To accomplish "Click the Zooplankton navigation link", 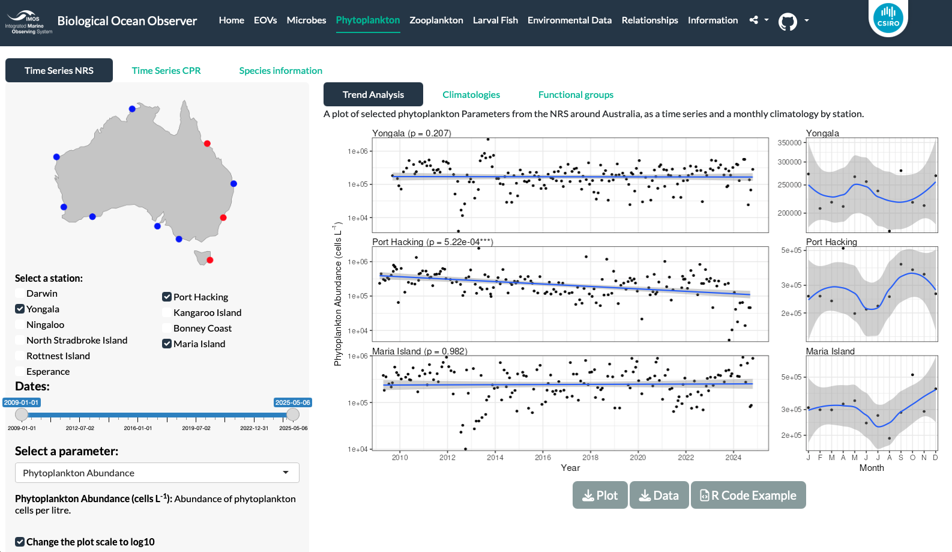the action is pyautogui.click(x=436, y=20).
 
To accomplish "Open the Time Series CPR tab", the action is pyautogui.click(x=166, y=70).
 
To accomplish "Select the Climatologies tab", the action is pyautogui.click(x=471, y=94).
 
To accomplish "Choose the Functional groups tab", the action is pyautogui.click(x=576, y=94).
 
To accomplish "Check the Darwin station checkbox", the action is pyautogui.click(x=20, y=293).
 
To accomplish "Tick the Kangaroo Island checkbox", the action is pyautogui.click(x=167, y=312).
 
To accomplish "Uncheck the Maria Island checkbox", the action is pyautogui.click(x=167, y=344).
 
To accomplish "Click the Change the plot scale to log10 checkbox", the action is pyautogui.click(x=20, y=541).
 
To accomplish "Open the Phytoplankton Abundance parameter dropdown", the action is pyautogui.click(x=157, y=473).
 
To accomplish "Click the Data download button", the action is pyautogui.click(x=658, y=495).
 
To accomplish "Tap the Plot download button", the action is pyautogui.click(x=600, y=495).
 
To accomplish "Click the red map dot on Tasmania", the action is pyautogui.click(x=210, y=260).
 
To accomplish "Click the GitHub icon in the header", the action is pyautogui.click(x=787, y=21).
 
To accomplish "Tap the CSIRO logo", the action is pyautogui.click(x=888, y=17).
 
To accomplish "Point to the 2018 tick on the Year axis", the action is pyautogui.click(x=590, y=457).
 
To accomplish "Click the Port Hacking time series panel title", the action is pyautogui.click(x=433, y=242).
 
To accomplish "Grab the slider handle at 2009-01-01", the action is pyautogui.click(x=22, y=414).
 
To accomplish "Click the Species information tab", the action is pyautogui.click(x=280, y=70).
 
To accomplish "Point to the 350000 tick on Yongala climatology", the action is pyautogui.click(x=789, y=143).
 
